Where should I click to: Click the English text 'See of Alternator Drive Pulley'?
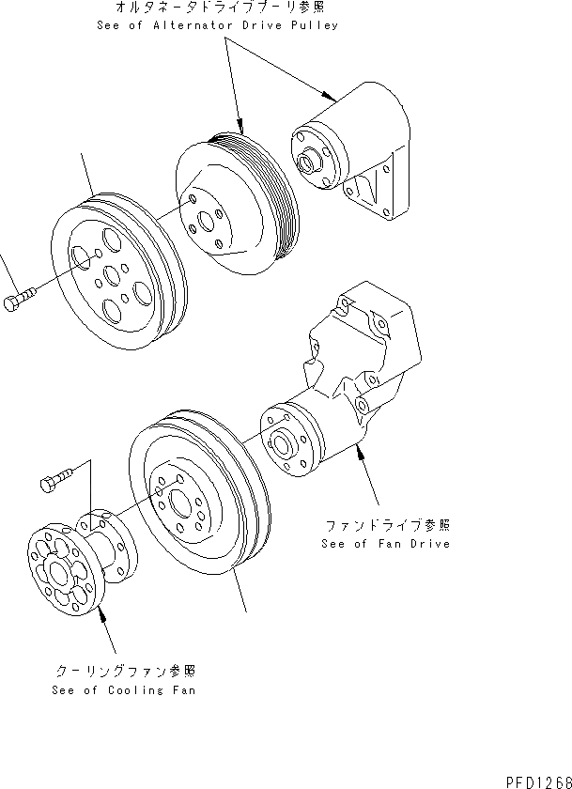point(217,25)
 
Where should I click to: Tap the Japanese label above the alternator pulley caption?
point(217,8)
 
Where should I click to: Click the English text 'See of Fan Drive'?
point(385,544)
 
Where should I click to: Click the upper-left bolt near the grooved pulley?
point(20,303)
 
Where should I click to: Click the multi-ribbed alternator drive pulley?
point(236,203)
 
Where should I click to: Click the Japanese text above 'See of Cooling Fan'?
point(124,671)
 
